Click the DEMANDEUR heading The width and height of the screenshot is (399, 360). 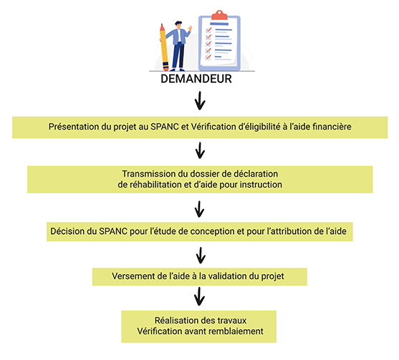[x=196, y=79]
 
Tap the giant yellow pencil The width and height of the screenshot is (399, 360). [x=164, y=47]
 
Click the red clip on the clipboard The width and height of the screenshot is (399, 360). [x=219, y=15]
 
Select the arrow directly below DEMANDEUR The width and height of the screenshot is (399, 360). [x=200, y=101]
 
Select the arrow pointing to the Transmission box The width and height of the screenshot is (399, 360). [x=200, y=150]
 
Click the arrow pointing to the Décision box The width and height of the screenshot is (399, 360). [x=199, y=209]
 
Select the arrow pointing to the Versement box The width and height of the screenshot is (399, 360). [x=201, y=256]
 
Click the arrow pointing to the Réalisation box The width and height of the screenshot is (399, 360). [x=199, y=296]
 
